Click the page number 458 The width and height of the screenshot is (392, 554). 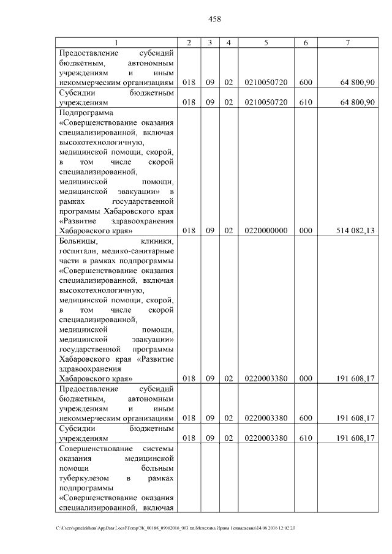coord(214,19)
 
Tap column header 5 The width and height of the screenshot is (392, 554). coord(266,42)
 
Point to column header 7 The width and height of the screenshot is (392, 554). coord(347,42)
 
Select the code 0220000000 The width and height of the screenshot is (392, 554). coord(266,230)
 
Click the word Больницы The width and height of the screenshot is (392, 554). coord(77,241)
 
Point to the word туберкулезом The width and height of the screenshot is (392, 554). coord(83,477)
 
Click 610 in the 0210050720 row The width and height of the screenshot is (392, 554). coord(306,102)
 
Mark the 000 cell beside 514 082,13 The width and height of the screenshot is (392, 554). coord(306,230)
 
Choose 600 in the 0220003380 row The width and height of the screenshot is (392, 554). coord(306,418)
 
